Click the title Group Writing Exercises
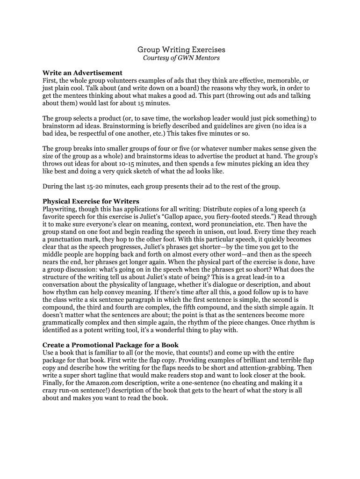pyautogui.click(x=180, y=49)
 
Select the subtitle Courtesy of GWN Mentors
pyautogui.click(x=180, y=58)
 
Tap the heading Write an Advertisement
pyautogui.click(x=82, y=73)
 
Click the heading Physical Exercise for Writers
pyautogui.click(x=91, y=202)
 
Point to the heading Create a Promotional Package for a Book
pyautogui.click(x=110, y=345)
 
